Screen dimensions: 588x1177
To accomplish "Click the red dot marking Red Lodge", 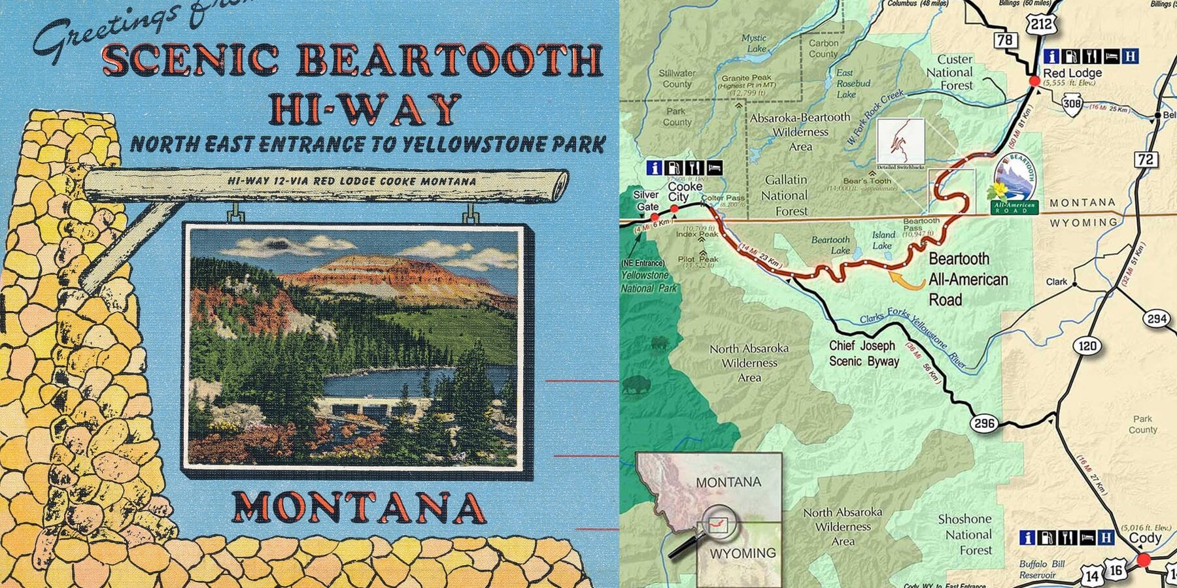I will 1034,81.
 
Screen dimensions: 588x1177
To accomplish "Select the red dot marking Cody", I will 1143,560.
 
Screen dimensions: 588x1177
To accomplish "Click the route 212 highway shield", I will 1040,24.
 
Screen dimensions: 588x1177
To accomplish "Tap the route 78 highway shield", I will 1005,40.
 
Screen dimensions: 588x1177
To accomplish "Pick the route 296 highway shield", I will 984,423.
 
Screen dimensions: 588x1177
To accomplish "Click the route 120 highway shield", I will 1087,345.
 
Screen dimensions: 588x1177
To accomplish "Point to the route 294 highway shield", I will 1157,319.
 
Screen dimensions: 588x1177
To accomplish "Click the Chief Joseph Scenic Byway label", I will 863,353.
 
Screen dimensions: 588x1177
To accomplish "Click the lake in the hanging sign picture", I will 386,385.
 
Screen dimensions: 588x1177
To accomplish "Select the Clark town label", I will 1056,282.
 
